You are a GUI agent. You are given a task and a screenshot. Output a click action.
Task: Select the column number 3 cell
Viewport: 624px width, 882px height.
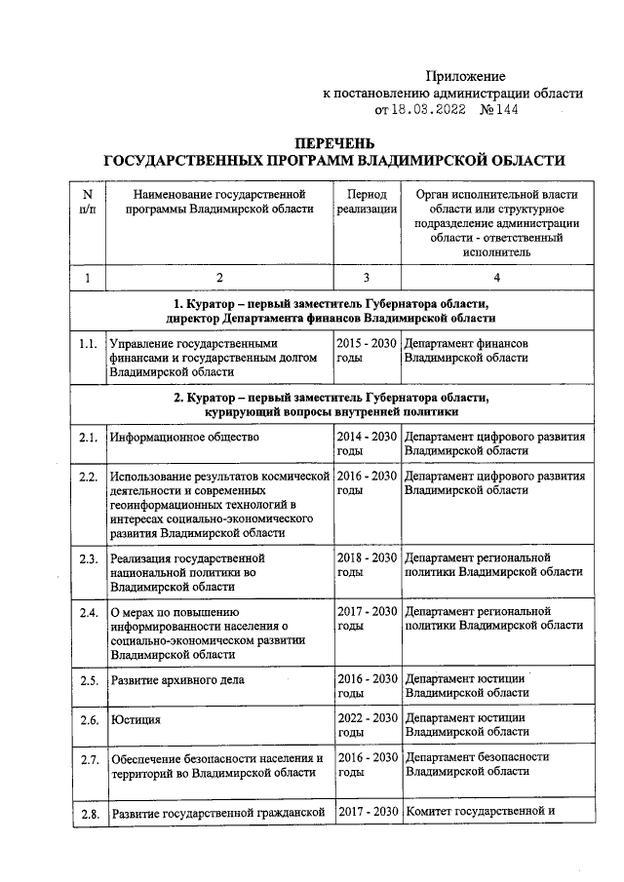click(367, 279)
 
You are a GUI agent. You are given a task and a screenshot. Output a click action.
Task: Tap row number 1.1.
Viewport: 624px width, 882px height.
click(88, 344)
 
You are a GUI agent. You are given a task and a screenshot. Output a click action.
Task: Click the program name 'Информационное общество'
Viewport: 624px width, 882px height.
click(184, 437)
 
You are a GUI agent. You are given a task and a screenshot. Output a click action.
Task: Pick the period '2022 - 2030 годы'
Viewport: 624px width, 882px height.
click(367, 724)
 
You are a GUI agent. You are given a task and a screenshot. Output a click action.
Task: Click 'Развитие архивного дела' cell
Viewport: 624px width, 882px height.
click(176, 679)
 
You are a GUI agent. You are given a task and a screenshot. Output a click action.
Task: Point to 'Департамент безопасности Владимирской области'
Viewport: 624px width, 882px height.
click(477, 764)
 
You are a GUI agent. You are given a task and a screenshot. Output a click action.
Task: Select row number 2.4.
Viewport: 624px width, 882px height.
click(88, 613)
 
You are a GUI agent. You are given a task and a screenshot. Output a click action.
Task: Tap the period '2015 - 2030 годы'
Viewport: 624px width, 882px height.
click(367, 351)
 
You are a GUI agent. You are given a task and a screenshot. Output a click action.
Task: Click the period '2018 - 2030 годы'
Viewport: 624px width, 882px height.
click(367, 565)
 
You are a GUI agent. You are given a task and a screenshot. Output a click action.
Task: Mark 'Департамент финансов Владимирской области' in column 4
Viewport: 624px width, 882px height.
click(467, 351)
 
